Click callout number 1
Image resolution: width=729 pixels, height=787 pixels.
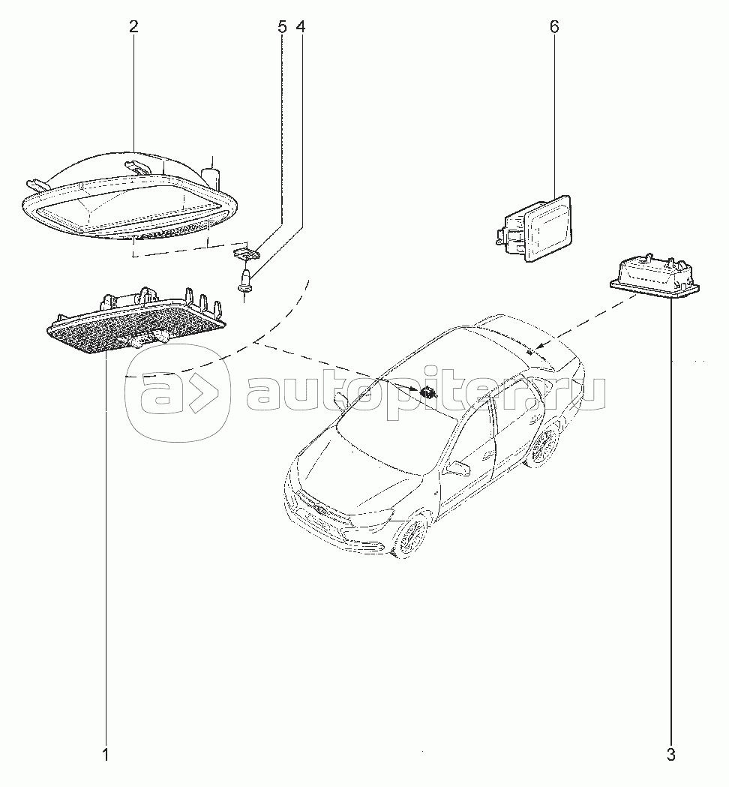pyautogui.click(x=106, y=755)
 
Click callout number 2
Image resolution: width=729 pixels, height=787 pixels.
pyautogui.click(x=133, y=26)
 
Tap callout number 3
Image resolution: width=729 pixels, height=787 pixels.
pyautogui.click(x=671, y=755)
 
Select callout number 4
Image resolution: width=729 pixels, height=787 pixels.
pyautogui.click(x=301, y=26)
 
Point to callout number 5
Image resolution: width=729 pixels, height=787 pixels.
pyautogui.click(x=282, y=26)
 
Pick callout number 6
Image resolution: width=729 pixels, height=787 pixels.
pyautogui.click(x=554, y=26)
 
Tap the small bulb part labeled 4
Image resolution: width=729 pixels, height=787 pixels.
pyautogui.click(x=245, y=281)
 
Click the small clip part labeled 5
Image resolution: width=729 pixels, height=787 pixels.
pyautogui.click(x=246, y=253)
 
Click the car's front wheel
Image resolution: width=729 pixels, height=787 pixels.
pyautogui.click(x=412, y=537)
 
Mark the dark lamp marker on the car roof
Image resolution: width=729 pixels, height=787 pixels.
pyautogui.click(x=428, y=392)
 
